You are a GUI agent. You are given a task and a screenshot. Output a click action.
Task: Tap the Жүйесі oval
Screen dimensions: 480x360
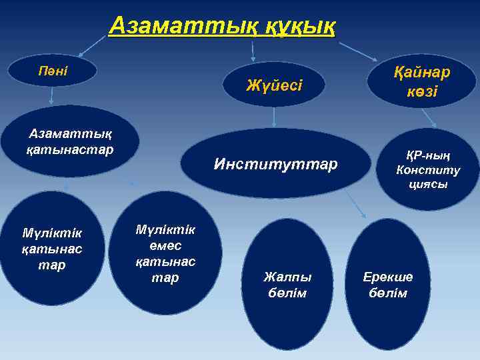pyautogui.click(x=274, y=85)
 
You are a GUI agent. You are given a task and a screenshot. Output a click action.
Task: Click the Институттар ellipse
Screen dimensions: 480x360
pyautogui.click(x=275, y=163)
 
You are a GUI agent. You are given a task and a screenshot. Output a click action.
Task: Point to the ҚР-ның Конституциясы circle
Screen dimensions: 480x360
pyautogui.click(x=427, y=169)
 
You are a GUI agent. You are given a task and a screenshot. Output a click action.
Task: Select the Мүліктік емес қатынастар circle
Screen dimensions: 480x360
pyautogui.click(x=165, y=253)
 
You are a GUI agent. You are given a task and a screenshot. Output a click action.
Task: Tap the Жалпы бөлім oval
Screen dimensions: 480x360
pyautogui.click(x=288, y=284)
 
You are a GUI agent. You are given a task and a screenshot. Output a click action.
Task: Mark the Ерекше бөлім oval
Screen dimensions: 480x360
pyautogui.click(x=387, y=284)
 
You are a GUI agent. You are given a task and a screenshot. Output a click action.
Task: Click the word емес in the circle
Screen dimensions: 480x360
pyautogui.click(x=165, y=246)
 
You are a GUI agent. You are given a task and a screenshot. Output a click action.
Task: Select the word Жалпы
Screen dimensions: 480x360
pyautogui.click(x=288, y=277)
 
